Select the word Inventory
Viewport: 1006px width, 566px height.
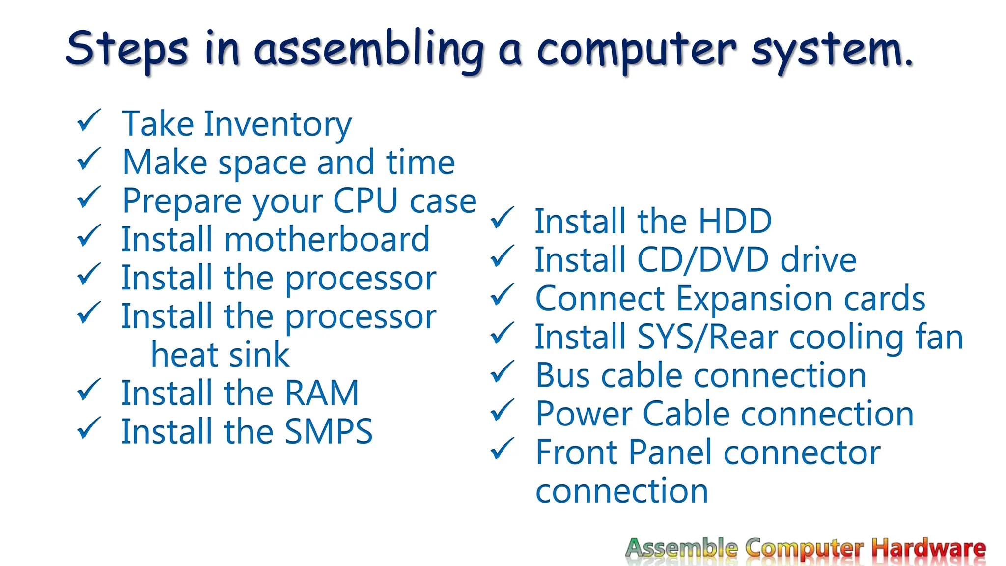pos(278,124)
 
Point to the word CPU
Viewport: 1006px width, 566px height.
pos(365,201)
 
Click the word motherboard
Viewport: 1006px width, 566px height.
pos(327,240)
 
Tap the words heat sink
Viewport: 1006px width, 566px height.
pos(220,355)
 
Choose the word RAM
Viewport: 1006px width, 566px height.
pos(322,394)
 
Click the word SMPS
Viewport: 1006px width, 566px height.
pos(329,432)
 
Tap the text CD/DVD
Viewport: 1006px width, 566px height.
pos(702,260)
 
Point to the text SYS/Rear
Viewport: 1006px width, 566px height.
pos(708,338)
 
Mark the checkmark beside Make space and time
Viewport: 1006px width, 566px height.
pos(89,159)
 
